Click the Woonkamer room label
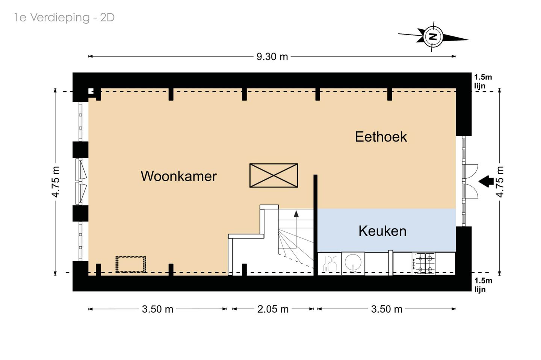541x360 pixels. pos(178,176)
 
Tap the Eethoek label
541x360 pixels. pos(381,137)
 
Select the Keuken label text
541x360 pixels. pos(382,231)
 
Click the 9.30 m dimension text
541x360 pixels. pos(272,57)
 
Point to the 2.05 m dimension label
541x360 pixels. pos(273,309)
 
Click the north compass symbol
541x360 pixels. pos(433,37)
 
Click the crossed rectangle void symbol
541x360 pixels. pos(274,175)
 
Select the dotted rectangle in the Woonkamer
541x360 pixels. pos(130,264)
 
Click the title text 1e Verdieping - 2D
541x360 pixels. pos(64,17)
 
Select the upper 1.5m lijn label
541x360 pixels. pos(482,81)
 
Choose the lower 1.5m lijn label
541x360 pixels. pos(482,285)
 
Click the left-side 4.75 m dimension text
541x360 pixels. pos(56,182)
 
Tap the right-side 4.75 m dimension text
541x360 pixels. pos(500,182)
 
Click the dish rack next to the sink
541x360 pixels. pos(330,263)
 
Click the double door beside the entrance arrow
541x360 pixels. pos(470,181)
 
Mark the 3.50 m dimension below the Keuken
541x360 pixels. pos(387,309)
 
